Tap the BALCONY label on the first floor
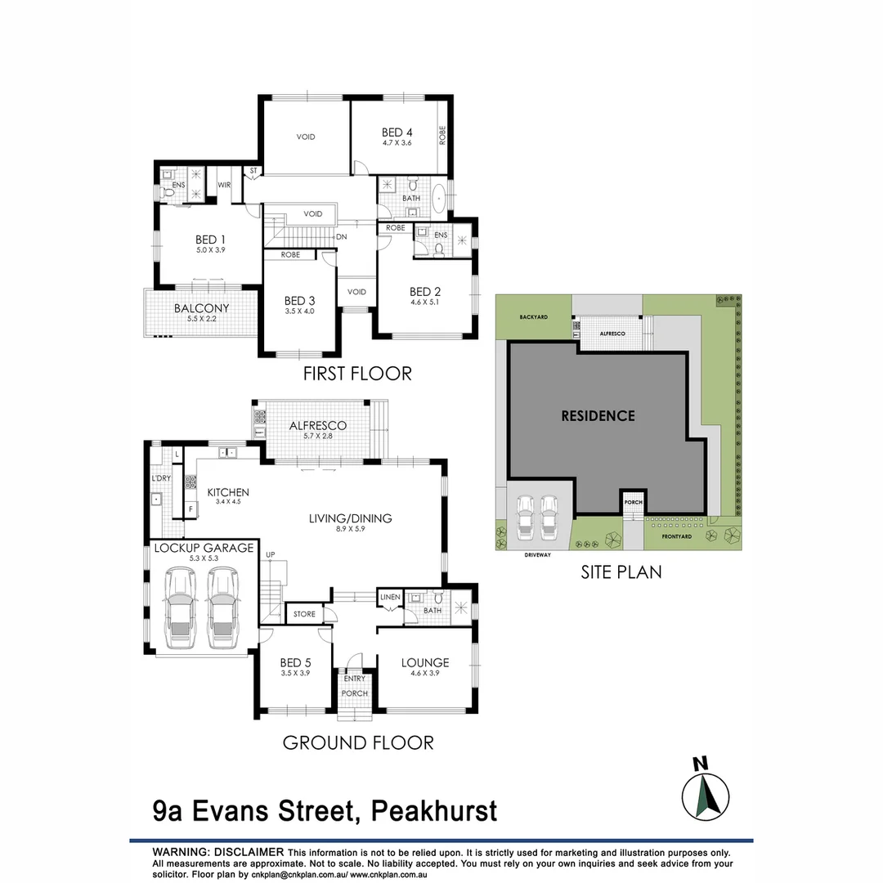coord(201,308)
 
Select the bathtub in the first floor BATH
coord(440,199)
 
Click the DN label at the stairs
coord(343,237)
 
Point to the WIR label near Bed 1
coord(224,186)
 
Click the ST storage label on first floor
coord(253,171)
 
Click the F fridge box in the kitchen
coord(190,509)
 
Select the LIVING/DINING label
coord(350,518)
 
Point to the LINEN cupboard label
coord(390,598)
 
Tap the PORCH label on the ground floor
coord(355,693)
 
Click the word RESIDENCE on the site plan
coord(598,415)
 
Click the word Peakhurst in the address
coord(433,811)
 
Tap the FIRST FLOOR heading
coord(356,374)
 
